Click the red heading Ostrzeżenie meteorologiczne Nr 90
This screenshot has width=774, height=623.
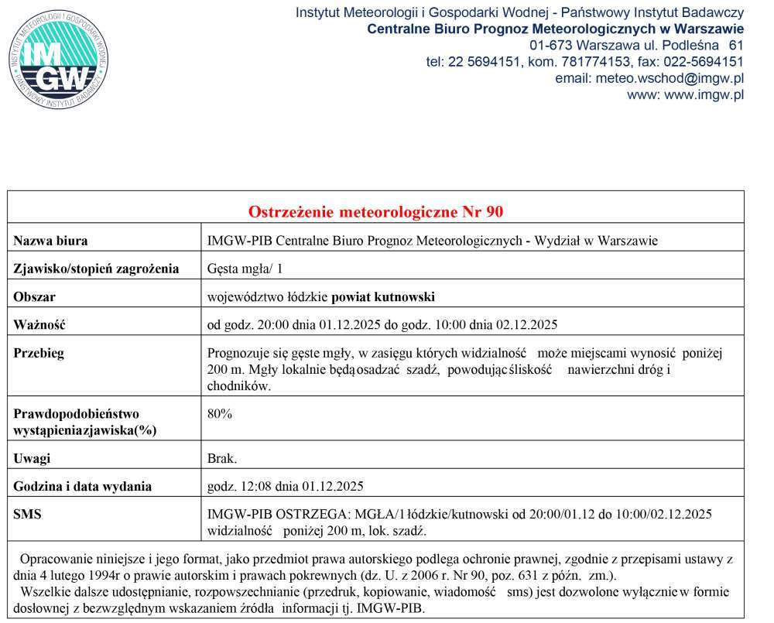[375, 211]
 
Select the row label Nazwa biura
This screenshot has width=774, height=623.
[50, 241]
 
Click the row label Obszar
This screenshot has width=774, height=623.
[35, 297]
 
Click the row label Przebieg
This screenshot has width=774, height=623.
[39, 354]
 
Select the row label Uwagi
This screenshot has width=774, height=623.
[32, 458]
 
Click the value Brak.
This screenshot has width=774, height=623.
[223, 458]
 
